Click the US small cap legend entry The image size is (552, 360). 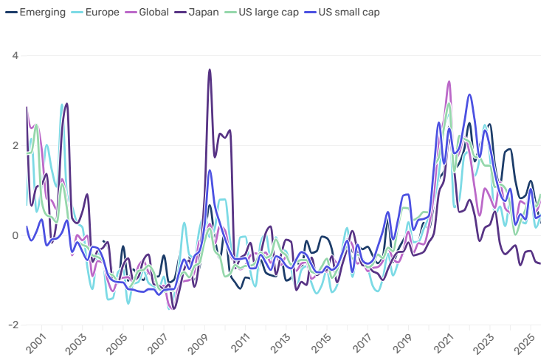point(337,13)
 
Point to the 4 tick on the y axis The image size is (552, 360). point(15,56)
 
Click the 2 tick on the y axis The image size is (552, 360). point(15,146)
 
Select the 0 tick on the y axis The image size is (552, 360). point(15,236)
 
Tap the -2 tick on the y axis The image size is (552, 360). point(14,325)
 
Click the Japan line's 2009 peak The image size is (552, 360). point(210,70)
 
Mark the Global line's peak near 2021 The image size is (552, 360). point(449,82)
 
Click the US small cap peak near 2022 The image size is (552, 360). point(469,94)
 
